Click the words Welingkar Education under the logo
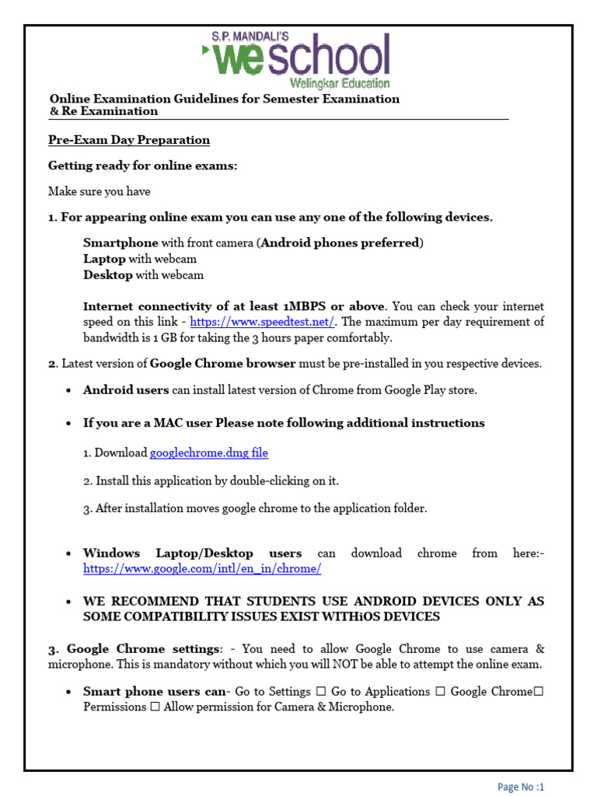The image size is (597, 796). coord(340,82)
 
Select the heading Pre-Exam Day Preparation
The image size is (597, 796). coord(129,140)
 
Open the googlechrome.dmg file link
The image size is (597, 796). coord(209,452)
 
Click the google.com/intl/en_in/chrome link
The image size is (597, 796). coord(202,569)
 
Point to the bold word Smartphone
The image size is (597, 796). coord(120,243)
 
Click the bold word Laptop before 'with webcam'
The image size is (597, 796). coord(104,259)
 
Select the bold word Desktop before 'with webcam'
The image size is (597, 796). coord(108,274)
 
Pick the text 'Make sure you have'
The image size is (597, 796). coord(99,191)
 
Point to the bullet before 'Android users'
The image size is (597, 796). coord(70,390)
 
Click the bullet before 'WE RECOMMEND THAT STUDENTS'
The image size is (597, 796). coord(70,602)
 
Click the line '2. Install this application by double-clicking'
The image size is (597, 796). coord(211,480)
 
